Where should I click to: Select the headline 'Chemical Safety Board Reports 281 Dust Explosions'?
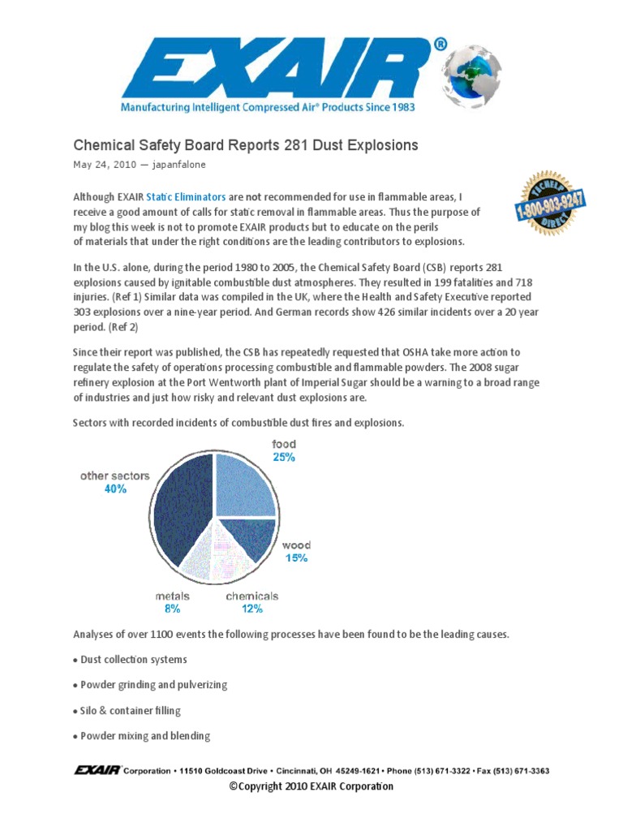[x=246, y=145]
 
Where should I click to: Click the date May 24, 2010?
[x=105, y=165]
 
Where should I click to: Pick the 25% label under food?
[x=284, y=458]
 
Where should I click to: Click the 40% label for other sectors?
[x=115, y=489]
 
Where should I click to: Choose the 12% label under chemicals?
[x=251, y=608]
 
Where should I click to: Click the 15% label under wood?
[x=296, y=558]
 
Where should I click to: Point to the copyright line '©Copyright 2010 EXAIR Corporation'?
[x=311, y=786]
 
